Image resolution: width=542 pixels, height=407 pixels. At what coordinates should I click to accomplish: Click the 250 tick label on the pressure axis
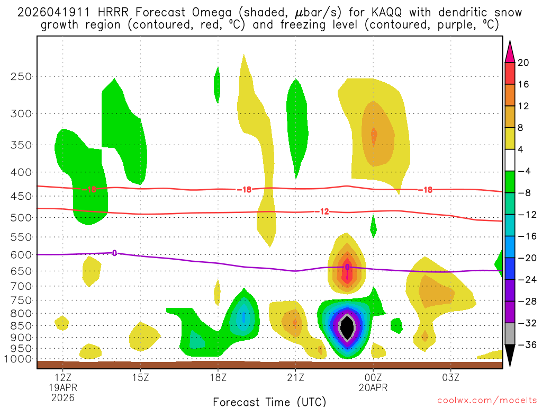click(x=21, y=76)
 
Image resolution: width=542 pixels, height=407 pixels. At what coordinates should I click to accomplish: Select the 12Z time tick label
click(x=63, y=377)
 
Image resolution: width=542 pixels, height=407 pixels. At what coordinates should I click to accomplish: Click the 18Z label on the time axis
click(x=218, y=377)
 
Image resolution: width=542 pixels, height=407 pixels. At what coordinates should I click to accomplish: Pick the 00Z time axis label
click(x=373, y=377)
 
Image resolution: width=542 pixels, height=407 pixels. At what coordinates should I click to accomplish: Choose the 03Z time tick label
click(x=450, y=377)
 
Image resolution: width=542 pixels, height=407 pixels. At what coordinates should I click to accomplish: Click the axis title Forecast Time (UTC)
click(x=269, y=401)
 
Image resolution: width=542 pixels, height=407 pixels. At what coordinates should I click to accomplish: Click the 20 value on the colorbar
click(x=523, y=63)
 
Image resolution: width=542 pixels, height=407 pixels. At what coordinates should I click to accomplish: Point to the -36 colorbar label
click(x=526, y=344)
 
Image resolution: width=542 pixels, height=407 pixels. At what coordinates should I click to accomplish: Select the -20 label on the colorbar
click(x=526, y=258)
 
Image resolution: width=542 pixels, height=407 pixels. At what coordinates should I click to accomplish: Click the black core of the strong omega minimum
click(x=347, y=328)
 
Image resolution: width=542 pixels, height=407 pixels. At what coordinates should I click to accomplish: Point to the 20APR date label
click(x=373, y=387)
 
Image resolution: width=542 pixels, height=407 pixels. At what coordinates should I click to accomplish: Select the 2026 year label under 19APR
click(x=63, y=397)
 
